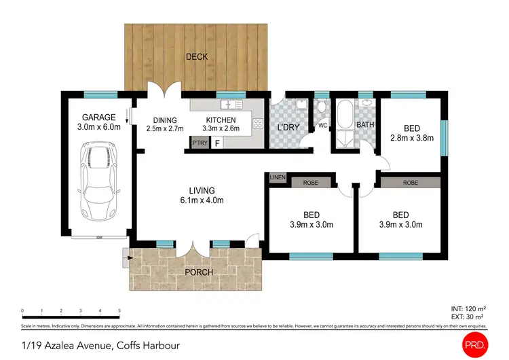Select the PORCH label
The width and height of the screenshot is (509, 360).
tap(200, 272)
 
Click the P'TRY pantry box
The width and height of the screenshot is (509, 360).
tap(199, 143)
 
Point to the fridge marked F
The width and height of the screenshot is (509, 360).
tap(217, 143)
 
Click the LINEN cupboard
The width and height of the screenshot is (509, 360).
tap(277, 178)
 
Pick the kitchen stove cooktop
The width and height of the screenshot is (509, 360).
tap(259, 123)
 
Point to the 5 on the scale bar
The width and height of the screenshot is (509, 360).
tap(119, 310)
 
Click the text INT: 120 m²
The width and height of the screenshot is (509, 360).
tap(468, 309)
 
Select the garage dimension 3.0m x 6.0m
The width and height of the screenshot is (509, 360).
tap(100, 127)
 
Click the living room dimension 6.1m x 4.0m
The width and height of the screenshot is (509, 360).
tap(202, 200)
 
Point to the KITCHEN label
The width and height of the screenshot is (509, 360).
tap(221, 120)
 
